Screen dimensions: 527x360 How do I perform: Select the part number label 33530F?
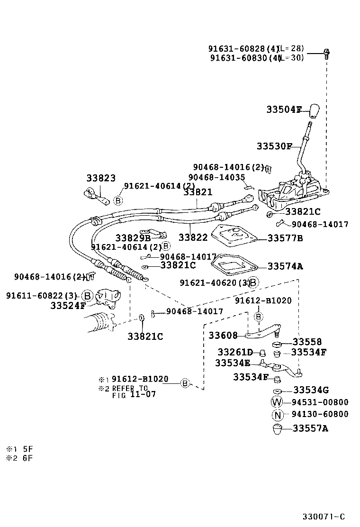(x=274, y=146)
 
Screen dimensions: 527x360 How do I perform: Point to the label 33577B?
(x=285, y=238)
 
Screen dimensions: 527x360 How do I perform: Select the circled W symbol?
(x=277, y=402)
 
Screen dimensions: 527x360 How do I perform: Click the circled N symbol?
(x=277, y=415)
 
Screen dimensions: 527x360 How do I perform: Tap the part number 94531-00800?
(x=320, y=402)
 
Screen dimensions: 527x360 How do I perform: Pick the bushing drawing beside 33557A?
(x=277, y=429)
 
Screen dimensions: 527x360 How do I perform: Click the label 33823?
(x=101, y=178)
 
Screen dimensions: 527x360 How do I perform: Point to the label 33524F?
(x=68, y=306)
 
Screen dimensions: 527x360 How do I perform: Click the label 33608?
(x=223, y=336)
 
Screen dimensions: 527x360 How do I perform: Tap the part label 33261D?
(x=235, y=352)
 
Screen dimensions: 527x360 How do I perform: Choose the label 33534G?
(x=311, y=390)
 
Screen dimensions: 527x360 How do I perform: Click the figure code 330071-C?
(x=324, y=516)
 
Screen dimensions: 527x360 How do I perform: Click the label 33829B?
(x=133, y=237)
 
